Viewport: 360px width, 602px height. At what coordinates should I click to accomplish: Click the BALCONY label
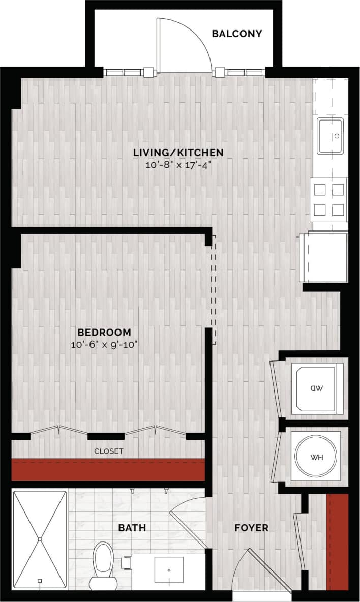click(237, 34)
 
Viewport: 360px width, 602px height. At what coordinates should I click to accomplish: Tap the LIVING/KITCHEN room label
click(178, 152)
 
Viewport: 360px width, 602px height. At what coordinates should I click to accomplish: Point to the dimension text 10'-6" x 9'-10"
click(104, 344)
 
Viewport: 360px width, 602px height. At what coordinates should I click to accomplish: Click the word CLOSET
click(108, 451)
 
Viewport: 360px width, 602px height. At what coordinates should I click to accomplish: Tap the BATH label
click(132, 528)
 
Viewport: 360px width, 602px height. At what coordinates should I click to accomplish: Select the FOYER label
click(251, 528)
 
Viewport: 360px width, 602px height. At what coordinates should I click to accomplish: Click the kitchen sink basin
click(331, 136)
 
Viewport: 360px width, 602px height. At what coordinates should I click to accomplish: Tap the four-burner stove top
click(329, 199)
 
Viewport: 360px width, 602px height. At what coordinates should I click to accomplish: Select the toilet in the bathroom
click(103, 564)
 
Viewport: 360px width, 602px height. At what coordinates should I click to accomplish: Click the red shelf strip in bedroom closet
click(108, 469)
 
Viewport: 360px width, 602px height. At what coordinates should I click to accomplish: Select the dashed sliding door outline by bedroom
click(214, 289)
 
